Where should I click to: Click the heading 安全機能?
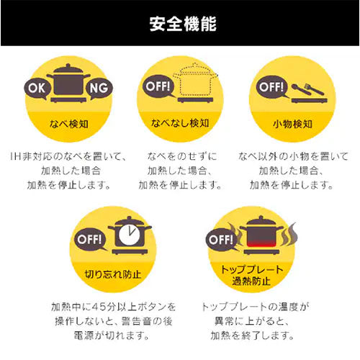183,24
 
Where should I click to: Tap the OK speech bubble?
37,89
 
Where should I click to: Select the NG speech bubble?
99,89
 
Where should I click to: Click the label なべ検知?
69,124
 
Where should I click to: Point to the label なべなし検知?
180,123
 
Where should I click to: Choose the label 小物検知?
292,124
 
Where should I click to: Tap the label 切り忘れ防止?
113,274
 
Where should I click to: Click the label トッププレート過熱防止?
251,275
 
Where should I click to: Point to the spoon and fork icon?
307,89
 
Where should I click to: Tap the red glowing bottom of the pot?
261,243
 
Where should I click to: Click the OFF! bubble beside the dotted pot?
158,86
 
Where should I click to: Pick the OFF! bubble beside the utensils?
271,87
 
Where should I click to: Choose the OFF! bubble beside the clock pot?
90,239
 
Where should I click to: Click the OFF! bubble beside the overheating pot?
221,239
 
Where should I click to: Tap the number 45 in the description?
99,307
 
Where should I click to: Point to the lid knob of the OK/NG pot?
68,66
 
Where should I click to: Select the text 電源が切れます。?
112,336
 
